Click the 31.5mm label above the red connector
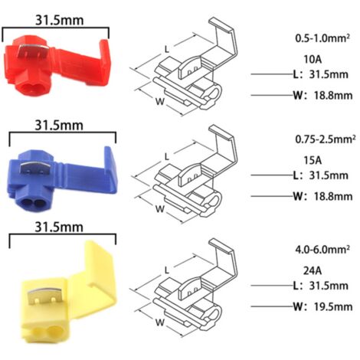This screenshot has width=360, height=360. click(59, 20)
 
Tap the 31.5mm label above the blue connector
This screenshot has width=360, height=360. click(59, 125)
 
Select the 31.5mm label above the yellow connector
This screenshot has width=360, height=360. click(59, 227)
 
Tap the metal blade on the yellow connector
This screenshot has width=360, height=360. click(44, 296)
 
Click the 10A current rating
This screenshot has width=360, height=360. click(313, 59)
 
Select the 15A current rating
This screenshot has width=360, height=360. click(313, 160)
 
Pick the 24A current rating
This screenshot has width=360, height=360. click(313, 270)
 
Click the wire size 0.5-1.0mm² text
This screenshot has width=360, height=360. click(322, 38)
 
